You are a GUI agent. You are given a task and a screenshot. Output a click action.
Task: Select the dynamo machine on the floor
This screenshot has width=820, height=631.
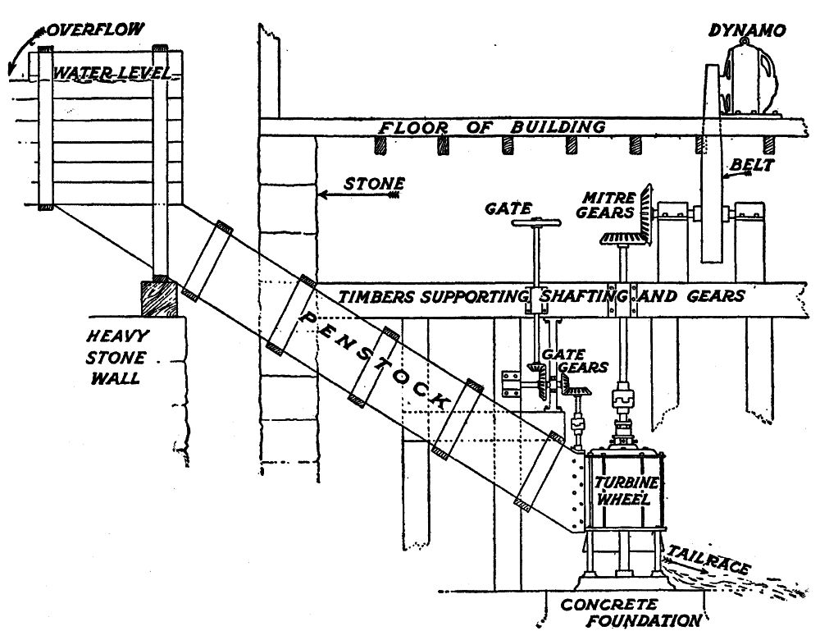click(x=750, y=78)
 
